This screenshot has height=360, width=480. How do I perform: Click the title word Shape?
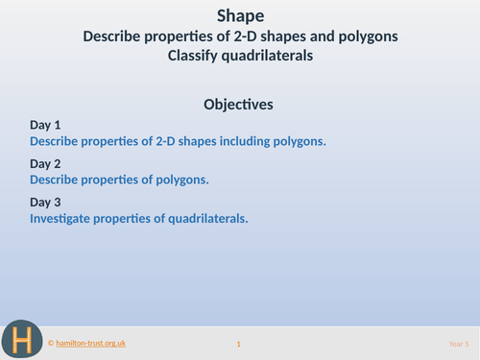pos(239,14)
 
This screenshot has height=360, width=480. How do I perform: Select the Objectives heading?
pos(239,103)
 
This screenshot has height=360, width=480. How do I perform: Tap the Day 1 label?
pos(45,125)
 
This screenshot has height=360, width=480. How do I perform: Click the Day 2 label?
pos(45,163)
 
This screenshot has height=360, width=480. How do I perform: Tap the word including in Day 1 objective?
pos(239,141)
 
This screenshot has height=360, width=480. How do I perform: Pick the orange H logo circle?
pos(21,339)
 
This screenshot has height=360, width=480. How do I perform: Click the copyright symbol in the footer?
pos(51,343)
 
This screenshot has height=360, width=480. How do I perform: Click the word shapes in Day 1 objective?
pos(195,141)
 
